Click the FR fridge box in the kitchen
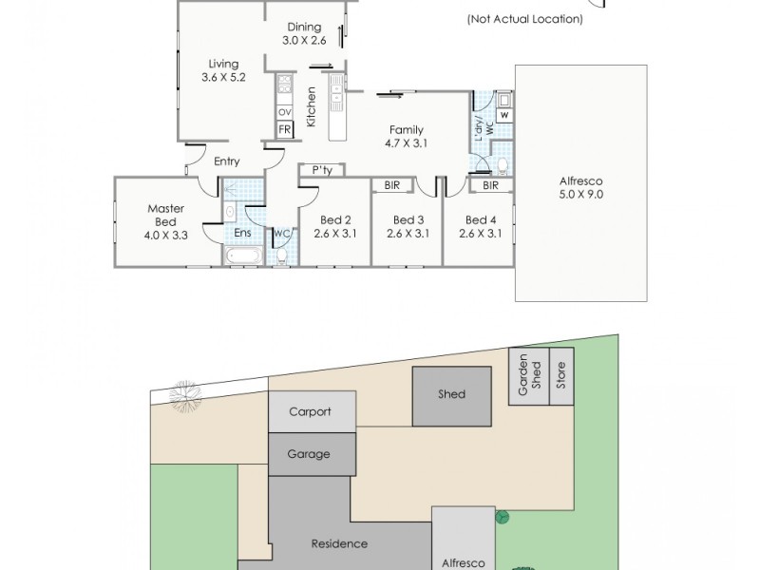pos(285,130)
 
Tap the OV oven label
pos(285,112)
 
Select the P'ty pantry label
pos(322,170)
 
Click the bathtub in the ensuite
pos(243,255)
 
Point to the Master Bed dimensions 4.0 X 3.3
pos(165,236)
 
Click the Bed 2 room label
pos(335,220)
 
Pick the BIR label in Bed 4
pos(490,185)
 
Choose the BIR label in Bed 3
pos(392,185)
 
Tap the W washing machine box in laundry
pos(504,115)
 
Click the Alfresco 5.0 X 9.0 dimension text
pos(581,195)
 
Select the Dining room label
pos(304,28)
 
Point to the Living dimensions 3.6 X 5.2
pos(223,77)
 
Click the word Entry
pos(227,161)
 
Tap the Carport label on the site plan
pos(311,412)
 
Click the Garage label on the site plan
pos(309,454)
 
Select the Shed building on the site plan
pos(452,396)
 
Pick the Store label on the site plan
pos(561,375)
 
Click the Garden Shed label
pos(529,375)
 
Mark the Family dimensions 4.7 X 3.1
pos(407,143)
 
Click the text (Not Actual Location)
pos(525,19)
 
